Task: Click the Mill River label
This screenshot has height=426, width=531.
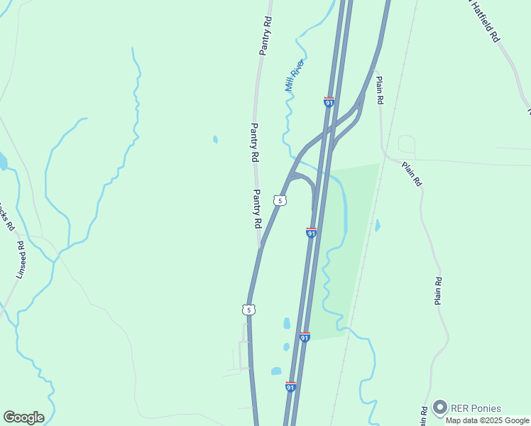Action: (295, 75)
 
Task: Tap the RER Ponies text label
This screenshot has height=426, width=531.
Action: (476, 408)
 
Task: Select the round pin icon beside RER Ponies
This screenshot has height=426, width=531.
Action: (440, 408)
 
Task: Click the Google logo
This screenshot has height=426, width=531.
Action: (23, 417)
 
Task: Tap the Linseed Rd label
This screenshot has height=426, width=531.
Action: (21, 259)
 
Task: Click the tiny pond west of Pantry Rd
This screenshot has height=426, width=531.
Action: (215, 140)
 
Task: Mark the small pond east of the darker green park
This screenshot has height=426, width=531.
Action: (377, 225)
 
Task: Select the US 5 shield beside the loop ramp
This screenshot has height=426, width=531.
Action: (280, 201)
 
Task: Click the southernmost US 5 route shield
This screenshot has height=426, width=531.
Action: (247, 310)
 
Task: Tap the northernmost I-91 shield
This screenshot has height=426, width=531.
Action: (329, 102)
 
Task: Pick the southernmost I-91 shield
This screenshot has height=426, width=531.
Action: (290, 387)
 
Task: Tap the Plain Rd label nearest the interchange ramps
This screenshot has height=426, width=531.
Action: (380, 91)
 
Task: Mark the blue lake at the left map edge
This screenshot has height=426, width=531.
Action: (2, 161)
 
